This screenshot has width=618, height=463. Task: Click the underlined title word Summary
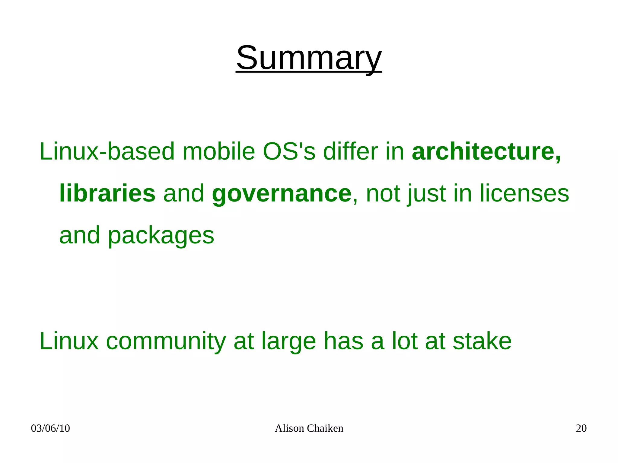[309, 58]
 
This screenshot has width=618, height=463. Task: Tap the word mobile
[219, 151]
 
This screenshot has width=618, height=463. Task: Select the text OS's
[289, 151]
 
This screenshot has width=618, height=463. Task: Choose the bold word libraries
[107, 193]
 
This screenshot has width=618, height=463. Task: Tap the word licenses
[524, 193]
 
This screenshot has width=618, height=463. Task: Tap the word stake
[482, 341]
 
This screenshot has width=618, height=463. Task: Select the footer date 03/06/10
[50, 428]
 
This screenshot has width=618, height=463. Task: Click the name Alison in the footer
[289, 428]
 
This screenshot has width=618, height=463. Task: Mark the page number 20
[581, 428]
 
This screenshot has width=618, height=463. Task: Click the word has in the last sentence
[343, 341]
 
